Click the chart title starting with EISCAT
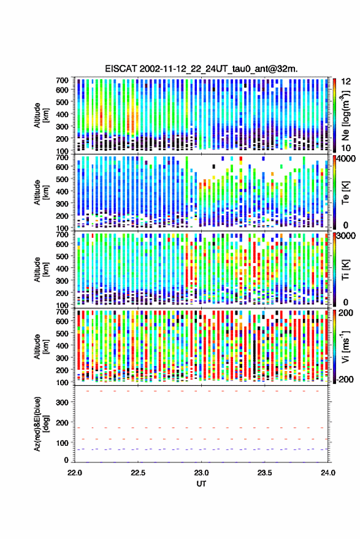tap(202, 69)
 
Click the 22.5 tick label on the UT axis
tap(138, 473)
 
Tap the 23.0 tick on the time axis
tap(202, 473)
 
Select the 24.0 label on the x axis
tap(328, 473)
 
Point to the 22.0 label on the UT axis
tap(75, 473)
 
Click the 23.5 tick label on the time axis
tap(265, 473)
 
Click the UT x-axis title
tap(202, 484)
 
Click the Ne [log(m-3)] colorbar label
tap(346, 115)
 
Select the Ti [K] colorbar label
tap(345, 270)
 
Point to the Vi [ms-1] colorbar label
tap(345, 346)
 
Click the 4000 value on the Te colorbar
tap(347, 159)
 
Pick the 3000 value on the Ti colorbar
tap(347, 236)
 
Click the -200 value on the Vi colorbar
tap(345, 380)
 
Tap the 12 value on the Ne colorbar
tap(347, 82)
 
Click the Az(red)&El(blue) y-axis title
tap(41, 424)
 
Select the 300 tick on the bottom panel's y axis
tap(62, 402)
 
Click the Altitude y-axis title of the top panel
tap(41, 115)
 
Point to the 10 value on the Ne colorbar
tap(346, 148)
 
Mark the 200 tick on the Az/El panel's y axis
tap(62, 422)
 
